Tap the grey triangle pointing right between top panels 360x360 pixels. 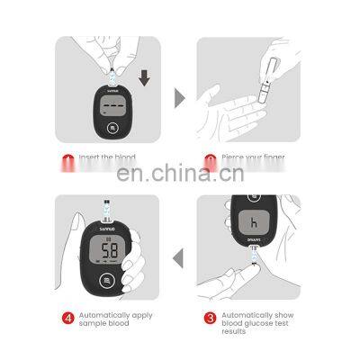coord(178,95)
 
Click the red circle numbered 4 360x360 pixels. coord(67,318)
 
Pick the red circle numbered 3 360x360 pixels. coord(209,318)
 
